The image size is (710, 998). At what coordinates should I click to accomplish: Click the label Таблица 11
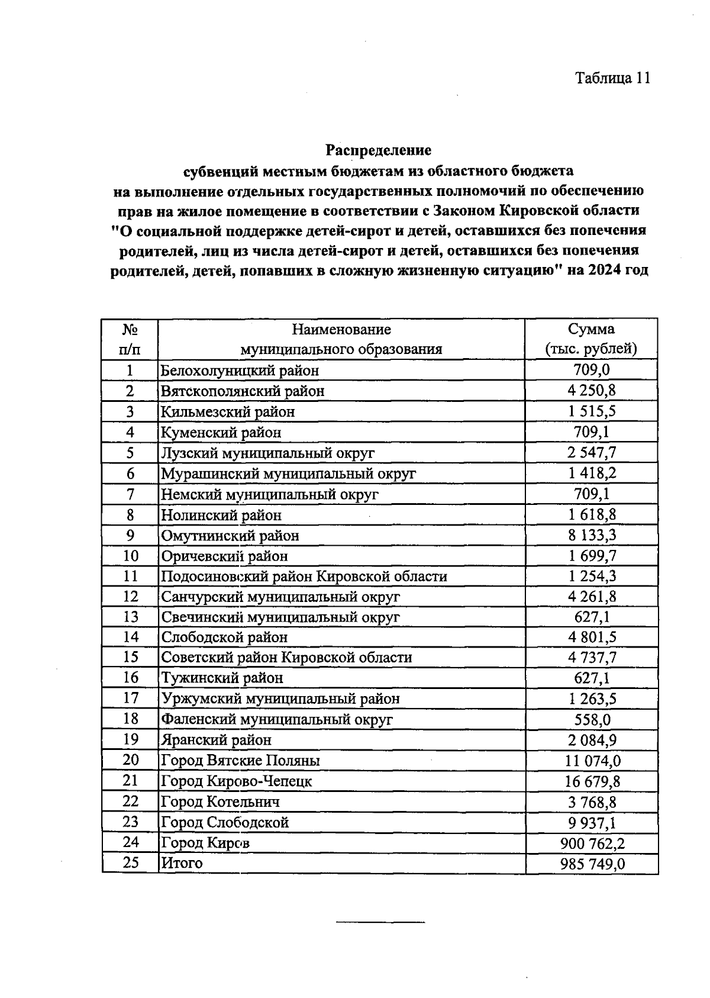(x=613, y=79)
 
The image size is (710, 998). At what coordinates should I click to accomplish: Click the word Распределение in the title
(x=379, y=150)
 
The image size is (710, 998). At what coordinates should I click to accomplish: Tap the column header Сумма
(x=591, y=329)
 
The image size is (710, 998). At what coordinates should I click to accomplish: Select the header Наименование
(x=341, y=329)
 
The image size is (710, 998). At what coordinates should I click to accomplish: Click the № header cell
(x=130, y=329)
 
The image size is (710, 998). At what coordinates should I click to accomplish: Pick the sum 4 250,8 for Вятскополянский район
(x=592, y=391)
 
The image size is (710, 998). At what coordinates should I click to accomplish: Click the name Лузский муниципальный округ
(x=268, y=453)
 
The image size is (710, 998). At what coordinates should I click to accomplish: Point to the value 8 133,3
(x=592, y=536)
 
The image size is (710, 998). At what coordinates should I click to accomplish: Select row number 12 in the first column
(x=130, y=597)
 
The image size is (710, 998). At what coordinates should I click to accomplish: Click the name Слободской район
(x=225, y=638)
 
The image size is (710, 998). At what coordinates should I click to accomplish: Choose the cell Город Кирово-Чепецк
(x=237, y=781)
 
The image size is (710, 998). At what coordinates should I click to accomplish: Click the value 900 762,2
(x=592, y=843)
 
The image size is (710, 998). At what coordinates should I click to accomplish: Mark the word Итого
(x=182, y=863)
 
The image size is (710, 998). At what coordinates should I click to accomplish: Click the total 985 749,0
(x=592, y=864)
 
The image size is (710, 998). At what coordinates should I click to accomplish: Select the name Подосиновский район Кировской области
(x=304, y=577)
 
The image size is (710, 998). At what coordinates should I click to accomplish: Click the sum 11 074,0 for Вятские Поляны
(x=592, y=761)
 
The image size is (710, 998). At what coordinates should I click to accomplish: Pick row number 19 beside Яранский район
(x=130, y=740)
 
